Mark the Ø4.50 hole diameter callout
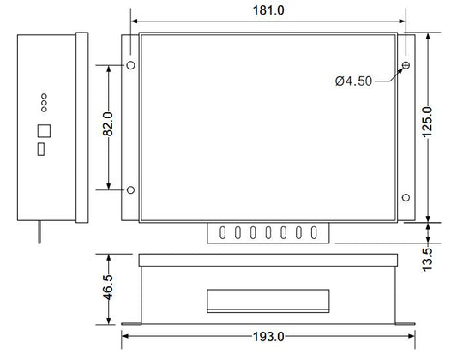click(x=352, y=81)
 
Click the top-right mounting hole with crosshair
click(x=405, y=66)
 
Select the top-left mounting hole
click(x=130, y=66)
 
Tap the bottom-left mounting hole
click(x=130, y=189)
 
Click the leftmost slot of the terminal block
click(x=222, y=231)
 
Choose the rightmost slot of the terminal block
click(x=315, y=231)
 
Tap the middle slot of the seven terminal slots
click(x=268, y=231)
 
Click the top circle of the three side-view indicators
click(x=43, y=97)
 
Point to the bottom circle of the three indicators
click(x=43, y=111)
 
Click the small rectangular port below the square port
click(x=40, y=150)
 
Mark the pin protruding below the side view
click(x=39, y=231)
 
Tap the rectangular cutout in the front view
click(x=268, y=299)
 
